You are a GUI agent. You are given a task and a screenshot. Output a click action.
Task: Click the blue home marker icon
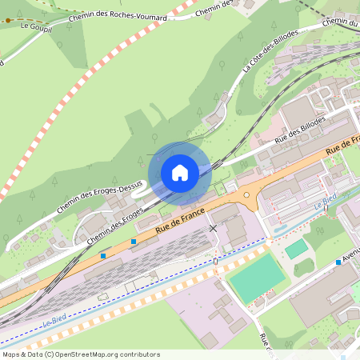point(179,172)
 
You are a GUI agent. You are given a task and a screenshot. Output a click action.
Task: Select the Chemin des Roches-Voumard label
point(119,15)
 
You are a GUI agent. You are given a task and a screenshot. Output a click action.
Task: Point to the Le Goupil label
point(37,26)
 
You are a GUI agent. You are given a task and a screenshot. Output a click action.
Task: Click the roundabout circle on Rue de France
point(246,194)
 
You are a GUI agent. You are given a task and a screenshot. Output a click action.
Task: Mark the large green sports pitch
point(256,277)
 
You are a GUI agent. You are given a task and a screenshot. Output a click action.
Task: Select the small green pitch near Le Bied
point(296,249)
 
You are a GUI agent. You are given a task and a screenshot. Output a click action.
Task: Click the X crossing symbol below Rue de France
point(212,229)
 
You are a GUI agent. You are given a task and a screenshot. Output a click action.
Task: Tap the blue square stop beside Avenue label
point(339,262)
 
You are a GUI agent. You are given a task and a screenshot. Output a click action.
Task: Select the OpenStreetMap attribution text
point(80,354)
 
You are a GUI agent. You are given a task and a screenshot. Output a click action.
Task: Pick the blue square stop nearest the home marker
point(133,241)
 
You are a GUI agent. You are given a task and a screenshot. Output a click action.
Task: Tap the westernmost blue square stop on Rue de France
point(103,256)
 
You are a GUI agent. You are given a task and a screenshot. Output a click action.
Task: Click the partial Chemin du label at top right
point(340,22)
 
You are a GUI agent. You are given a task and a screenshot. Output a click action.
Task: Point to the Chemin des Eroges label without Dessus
point(114,225)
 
